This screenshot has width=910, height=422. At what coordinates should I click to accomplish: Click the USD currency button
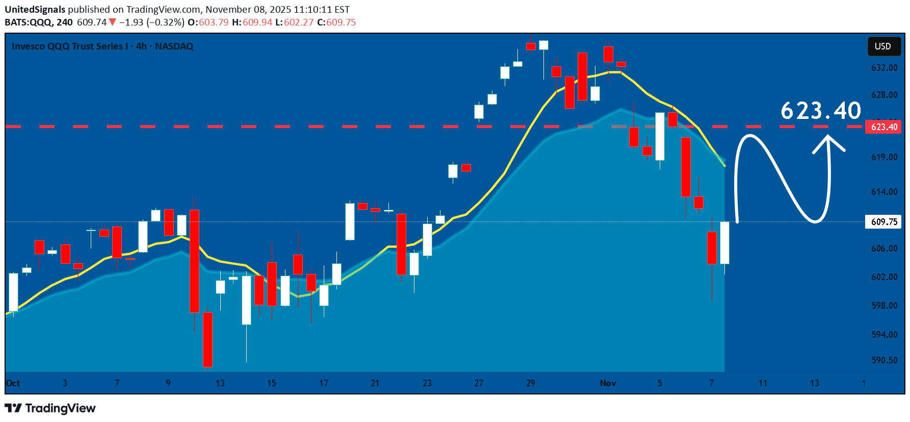883,46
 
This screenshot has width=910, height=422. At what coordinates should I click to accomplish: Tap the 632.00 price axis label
884,68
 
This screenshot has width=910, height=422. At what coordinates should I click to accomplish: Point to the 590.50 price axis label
884,360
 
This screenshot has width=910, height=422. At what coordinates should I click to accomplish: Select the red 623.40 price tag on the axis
883,127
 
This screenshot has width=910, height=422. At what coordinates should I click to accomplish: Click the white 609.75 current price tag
883,222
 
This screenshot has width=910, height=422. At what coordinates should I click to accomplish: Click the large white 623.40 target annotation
820,111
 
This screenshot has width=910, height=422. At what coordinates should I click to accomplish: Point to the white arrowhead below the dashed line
828,143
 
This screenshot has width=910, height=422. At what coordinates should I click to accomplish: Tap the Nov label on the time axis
608,383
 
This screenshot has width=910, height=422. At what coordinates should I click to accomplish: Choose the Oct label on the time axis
13,383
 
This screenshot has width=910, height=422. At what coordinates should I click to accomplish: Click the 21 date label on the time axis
375,383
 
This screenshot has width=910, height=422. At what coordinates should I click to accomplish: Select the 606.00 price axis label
884,249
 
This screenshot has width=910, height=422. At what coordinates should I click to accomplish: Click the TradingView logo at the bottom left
50,408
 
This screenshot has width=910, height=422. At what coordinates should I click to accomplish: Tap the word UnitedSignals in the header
35,10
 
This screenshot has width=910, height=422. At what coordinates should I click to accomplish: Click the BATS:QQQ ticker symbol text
28,22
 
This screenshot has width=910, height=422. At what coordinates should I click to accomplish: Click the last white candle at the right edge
724,243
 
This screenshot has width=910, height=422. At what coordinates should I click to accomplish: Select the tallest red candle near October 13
194,261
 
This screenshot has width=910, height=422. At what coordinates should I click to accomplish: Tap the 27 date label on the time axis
479,383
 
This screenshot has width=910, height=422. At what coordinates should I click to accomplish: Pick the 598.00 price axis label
884,306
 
